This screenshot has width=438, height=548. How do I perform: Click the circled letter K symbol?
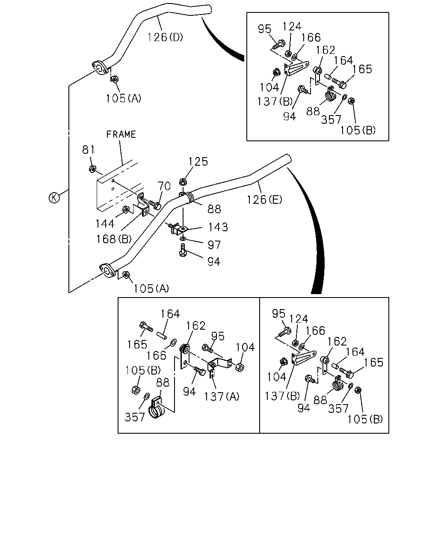(54, 198)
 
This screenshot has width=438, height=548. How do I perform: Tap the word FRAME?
(121, 134)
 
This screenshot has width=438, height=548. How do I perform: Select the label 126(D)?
(165, 37)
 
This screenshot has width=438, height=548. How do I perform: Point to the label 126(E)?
(264, 200)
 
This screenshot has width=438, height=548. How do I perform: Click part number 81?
(88, 149)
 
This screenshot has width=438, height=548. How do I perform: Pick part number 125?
(198, 161)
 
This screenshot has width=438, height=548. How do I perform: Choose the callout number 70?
(164, 186)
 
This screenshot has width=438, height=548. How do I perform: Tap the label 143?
(218, 227)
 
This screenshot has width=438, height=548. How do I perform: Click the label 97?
(214, 245)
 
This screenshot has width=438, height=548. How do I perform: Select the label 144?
(105, 223)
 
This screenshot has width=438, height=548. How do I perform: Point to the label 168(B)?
(114, 239)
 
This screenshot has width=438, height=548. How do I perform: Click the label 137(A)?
(222, 396)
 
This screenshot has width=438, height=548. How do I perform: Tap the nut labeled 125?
(182, 182)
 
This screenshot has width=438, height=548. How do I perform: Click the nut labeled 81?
(92, 168)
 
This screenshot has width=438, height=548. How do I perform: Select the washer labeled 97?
(183, 238)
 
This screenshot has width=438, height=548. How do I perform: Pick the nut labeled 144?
(125, 209)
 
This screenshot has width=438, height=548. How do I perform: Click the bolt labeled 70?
(155, 205)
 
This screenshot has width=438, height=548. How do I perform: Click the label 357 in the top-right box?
(331, 119)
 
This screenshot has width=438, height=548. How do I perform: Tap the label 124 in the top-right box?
(292, 26)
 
